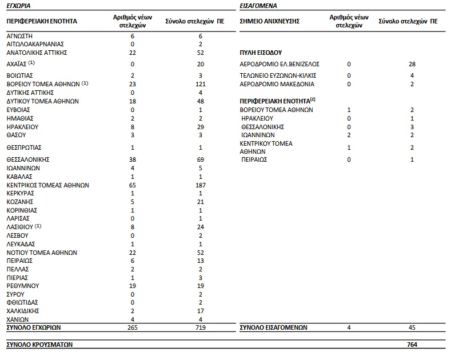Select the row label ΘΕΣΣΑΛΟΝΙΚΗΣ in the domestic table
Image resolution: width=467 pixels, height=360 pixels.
(x=28, y=160)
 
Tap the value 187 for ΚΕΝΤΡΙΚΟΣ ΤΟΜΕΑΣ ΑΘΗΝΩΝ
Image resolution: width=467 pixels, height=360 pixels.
(x=200, y=185)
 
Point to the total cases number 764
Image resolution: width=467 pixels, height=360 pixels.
(x=411, y=345)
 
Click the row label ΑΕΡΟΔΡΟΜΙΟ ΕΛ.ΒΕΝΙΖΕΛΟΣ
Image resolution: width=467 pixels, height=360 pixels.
(x=280, y=64)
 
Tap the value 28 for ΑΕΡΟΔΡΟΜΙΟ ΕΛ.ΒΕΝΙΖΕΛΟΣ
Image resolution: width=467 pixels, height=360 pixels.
(x=411, y=64)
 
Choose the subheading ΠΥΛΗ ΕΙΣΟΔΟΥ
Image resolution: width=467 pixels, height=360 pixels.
(x=261, y=52)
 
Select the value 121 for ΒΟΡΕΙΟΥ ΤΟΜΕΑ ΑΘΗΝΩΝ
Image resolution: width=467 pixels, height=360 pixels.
(x=200, y=84)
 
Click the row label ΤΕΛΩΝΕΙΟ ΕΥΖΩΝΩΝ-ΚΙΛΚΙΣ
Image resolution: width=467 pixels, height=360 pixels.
(x=278, y=75)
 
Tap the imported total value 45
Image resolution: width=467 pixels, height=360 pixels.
(x=411, y=327)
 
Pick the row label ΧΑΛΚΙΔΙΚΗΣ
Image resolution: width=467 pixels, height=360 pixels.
(x=24, y=311)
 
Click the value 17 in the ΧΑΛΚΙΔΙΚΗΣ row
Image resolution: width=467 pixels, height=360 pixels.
(x=200, y=311)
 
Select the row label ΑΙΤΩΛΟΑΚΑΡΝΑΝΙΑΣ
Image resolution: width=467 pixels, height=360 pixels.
(x=35, y=43)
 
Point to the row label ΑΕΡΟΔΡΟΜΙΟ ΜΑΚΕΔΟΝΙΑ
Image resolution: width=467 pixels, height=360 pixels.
(x=277, y=84)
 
